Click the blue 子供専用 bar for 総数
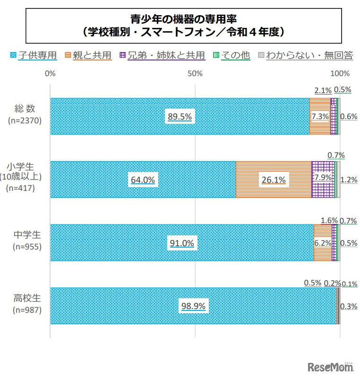tap(118, 116)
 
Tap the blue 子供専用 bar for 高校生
tap(118, 306)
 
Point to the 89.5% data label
tap(179, 117)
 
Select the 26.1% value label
tap(274, 180)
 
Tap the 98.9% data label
tap(193, 306)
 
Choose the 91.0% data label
tap(182, 243)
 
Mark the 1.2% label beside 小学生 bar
tap(349, 180)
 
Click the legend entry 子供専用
tap(34, 55)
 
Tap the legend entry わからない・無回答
tap(307, 55)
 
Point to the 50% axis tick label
tap(195, 74)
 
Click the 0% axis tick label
tap(50, 74)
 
